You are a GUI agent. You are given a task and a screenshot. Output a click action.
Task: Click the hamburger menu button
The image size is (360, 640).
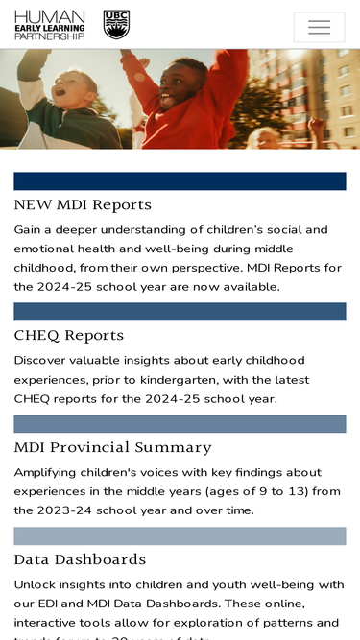[x=319, y=27]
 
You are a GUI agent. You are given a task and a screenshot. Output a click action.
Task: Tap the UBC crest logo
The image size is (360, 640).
[x=116, y=25]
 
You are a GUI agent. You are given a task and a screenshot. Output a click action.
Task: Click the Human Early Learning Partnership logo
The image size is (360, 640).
[x=50, y=25]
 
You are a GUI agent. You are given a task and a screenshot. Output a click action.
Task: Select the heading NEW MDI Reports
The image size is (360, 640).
[x=83, y=204]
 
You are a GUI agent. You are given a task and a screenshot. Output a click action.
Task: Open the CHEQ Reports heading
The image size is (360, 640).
[x=69, y=335]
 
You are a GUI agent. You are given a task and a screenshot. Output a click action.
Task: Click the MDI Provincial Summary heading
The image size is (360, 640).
[x=113, y=447]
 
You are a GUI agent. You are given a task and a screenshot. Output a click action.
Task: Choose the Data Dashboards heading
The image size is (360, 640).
[x=80, y=559]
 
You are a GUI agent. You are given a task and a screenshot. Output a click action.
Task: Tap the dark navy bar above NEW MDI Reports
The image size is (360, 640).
[x=180, y=181]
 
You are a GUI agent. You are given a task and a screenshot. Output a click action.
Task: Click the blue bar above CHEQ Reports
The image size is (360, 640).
[x=180, y=312]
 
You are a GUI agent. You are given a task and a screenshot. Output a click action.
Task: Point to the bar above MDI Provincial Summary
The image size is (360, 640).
[x=180, y=424]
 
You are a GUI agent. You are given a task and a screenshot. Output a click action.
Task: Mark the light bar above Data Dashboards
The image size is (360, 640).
[x=180, y=536]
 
